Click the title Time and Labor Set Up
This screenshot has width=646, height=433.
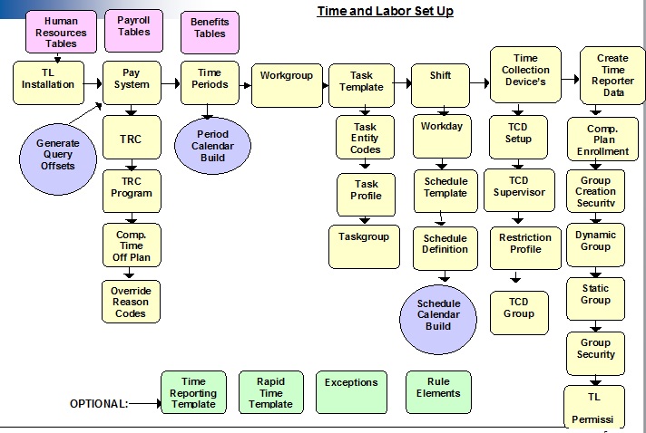tap(385, 12)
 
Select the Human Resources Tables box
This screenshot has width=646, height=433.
tap(62, 32)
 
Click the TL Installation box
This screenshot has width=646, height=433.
tap(49, 80)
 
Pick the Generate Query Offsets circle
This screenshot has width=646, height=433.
tap(57, 155)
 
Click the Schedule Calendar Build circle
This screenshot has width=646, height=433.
tap(438, 315)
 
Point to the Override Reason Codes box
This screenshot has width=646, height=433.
tap(131, 301)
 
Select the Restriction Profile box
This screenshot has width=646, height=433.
tap(525, 245)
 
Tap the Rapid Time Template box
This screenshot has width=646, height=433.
tap(270, 393)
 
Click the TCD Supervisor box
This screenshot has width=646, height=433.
tap(518, 187)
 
